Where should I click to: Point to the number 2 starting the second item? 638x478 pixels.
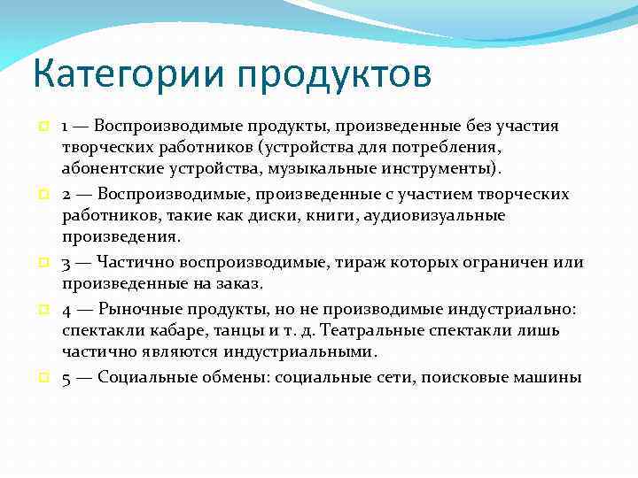[66, 194]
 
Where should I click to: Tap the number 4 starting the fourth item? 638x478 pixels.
[67, 309]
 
